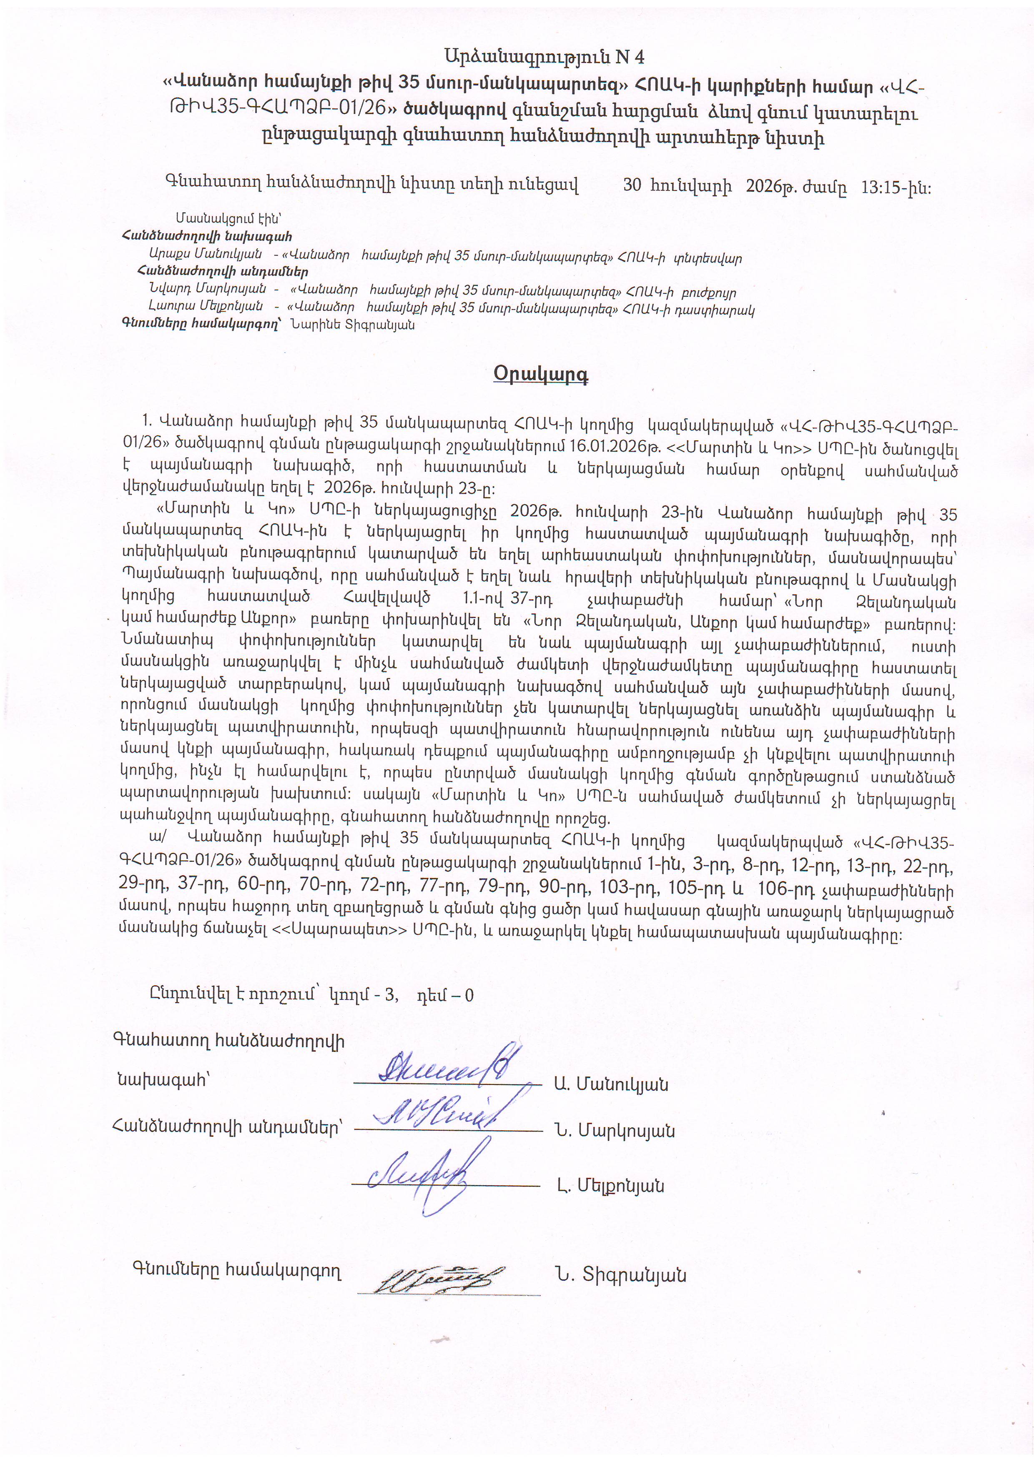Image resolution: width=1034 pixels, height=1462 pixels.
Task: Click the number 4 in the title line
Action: (x=639, y=58)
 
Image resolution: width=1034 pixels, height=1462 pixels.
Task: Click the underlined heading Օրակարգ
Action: (x=540, y=374)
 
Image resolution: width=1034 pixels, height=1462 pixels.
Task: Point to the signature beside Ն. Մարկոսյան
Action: (x=439, y=1111)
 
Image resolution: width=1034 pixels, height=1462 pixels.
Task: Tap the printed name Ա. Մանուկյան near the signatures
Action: (x=611, y=1084)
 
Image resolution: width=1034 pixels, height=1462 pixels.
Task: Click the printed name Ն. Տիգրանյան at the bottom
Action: (x=620, y=1275)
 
